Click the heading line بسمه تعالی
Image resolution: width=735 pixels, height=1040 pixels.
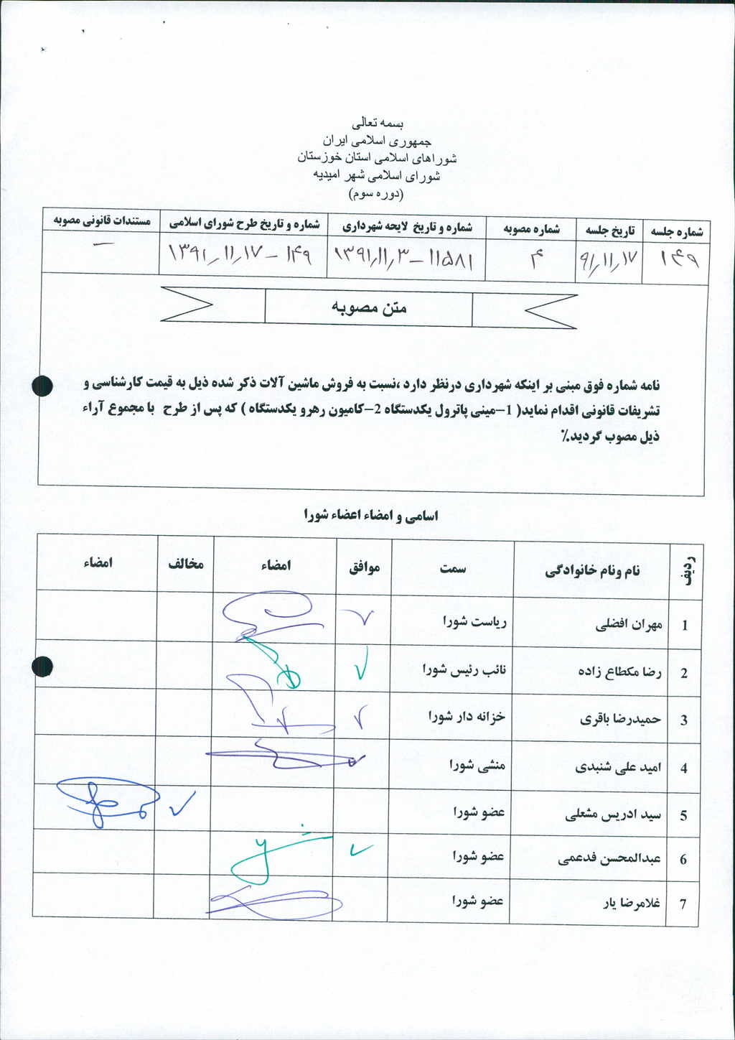[375, 124]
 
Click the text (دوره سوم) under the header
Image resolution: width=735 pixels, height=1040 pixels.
[375, 194]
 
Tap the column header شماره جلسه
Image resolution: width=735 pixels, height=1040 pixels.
[676, 231]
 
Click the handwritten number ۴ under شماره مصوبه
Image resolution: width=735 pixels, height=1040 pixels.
[536, 260]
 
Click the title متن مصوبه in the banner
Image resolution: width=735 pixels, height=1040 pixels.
[369, 308]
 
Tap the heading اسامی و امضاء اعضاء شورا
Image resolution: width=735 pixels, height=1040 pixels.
[370, 515]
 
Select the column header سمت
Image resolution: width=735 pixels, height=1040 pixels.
[453, 569]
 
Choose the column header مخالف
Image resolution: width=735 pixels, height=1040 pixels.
[186, 565]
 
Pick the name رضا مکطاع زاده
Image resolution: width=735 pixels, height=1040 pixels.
[619, 672]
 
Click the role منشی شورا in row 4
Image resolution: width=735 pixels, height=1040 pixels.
[477, 765]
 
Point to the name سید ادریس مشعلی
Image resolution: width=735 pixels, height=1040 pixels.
[613, 815]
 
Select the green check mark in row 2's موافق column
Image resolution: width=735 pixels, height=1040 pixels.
[360, 666]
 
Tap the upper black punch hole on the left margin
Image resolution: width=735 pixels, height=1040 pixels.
[43, 386]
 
